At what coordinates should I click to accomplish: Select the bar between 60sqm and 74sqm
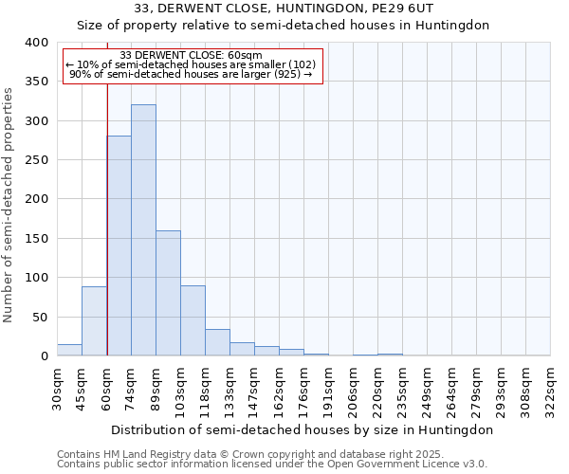pos(119,246)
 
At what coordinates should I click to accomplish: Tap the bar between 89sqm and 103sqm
pos(168,293)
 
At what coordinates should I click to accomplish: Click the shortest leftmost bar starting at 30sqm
pos(69,350)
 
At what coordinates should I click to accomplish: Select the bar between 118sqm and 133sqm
pos(217,342)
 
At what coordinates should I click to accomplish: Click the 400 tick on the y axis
pos(36,43)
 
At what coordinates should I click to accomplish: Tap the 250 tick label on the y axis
pos(36,160)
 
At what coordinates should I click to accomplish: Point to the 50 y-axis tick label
pos(40,317)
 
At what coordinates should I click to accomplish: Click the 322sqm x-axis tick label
pos(550,389)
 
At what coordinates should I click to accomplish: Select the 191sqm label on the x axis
pos(328,389)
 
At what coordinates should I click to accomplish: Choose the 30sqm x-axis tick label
pos(57,389)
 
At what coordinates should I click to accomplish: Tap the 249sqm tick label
pos(427,389)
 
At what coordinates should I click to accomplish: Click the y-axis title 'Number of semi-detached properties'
pos(9,204)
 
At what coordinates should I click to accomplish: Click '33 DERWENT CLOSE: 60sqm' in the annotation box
pos(192,56)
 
